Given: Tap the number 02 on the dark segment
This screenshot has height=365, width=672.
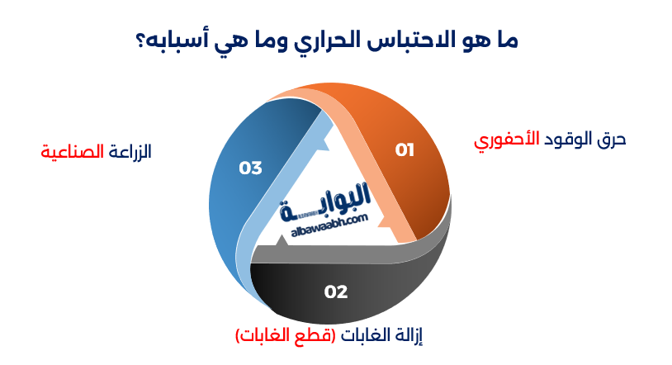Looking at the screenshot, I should pyautogui.click(x=336, y=292).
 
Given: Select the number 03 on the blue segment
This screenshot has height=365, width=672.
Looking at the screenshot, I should pyautogui.click(x=250, y=168).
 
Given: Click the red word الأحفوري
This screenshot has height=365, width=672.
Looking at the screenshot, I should pyautogui.click(x=505, y=140).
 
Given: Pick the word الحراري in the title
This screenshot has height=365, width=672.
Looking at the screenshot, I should pyautogui.click(x=335, y=41).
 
